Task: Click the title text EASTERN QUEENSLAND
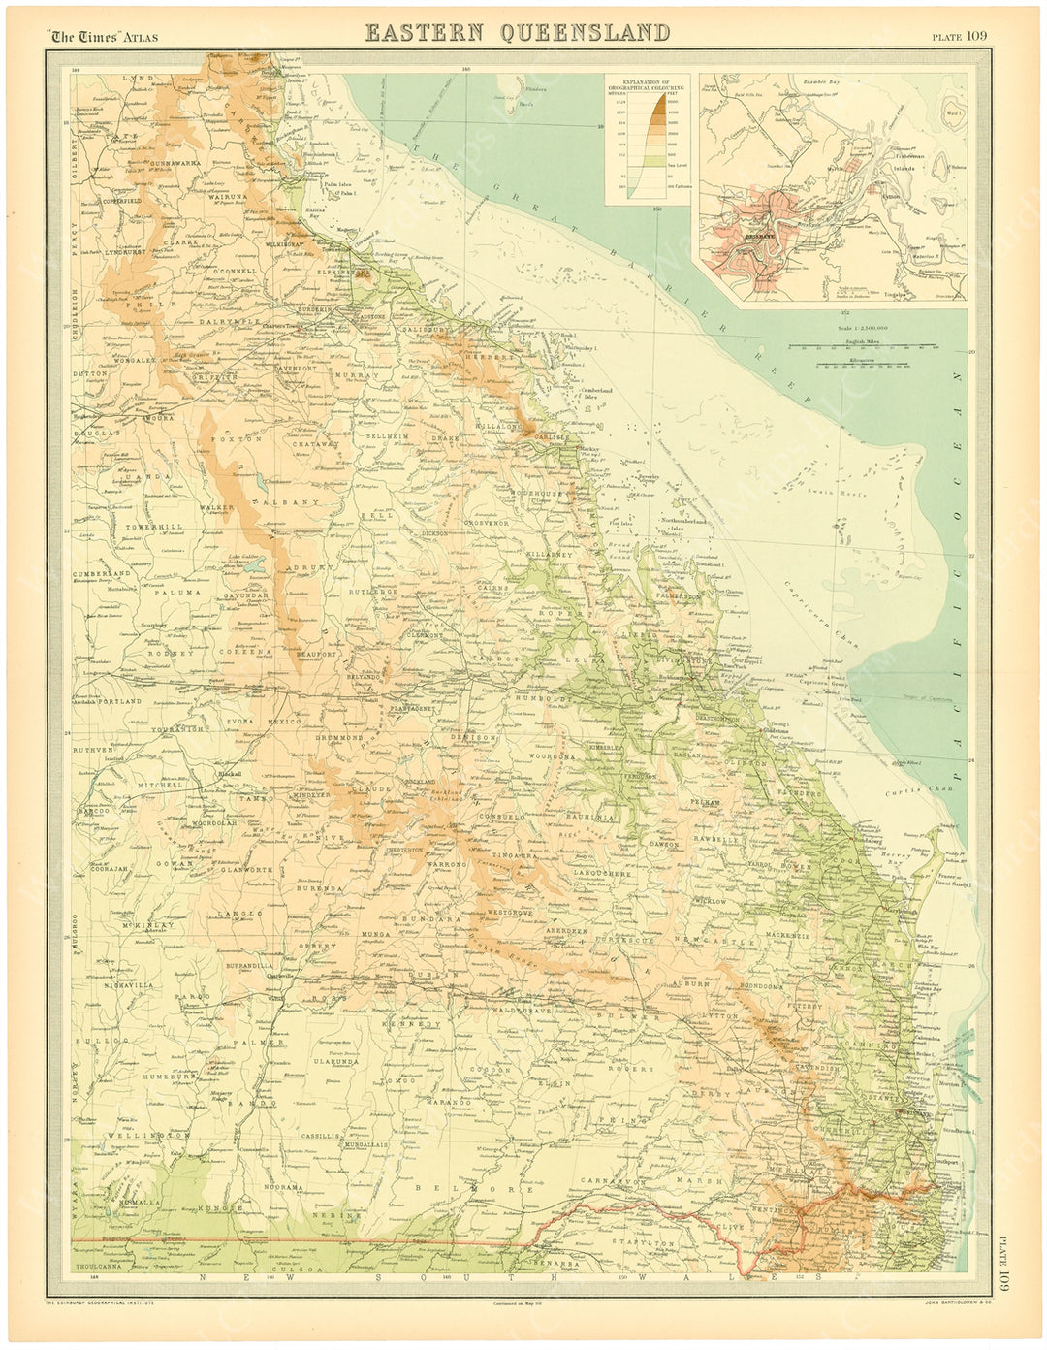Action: pyautogui.click(x=517, y=32)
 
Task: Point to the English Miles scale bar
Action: pyautogui.click(x=862, y=345)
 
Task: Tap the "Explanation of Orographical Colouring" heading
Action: pyautogui.click(x=647, y=85)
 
